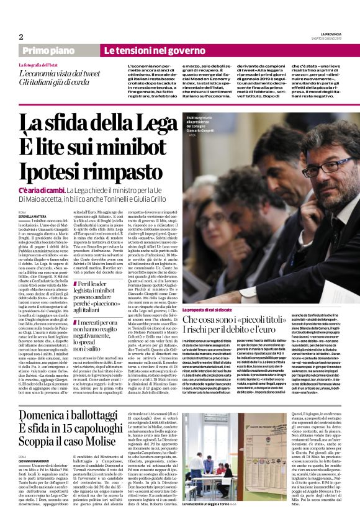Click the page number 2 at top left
click(21, 37)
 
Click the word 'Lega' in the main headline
click(146, 126)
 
